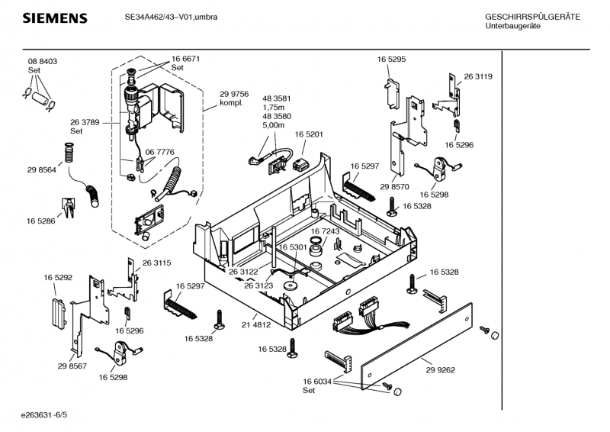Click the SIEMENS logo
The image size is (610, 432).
(x=54, y=18)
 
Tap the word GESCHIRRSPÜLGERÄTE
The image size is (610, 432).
(x=532, y=17)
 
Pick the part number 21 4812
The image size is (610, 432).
(x=257, y=324)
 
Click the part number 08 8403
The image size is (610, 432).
(x=43, y=61)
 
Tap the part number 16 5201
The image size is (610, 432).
(x=309, y=134)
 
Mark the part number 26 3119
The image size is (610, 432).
(x=478, y=76)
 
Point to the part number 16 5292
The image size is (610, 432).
(x=58, y=278)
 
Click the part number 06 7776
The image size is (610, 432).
(x=161, y=153)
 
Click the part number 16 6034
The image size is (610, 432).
(x=317, y=381)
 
